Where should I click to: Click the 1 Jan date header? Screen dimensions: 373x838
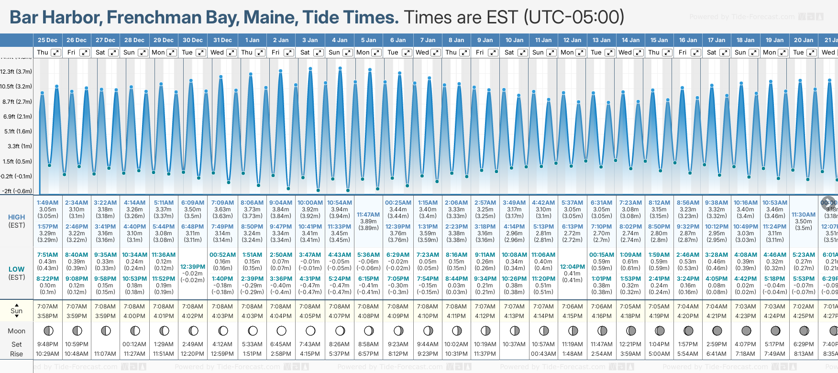(252, 40)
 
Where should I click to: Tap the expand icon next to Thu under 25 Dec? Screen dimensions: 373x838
(56, 53)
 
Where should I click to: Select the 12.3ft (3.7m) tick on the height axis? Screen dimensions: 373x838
(16, 72)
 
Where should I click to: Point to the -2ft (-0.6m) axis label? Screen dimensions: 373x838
(17, 191)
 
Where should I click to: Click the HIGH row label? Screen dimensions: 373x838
(16, 217)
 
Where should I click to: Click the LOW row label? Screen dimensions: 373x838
(16, 269)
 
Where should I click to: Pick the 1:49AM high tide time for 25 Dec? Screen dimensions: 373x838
(47, 203)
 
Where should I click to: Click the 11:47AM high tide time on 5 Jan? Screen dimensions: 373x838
(368, 215)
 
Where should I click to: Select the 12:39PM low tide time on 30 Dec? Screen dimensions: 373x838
(193, 267)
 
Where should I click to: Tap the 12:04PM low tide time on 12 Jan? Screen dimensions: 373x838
(572, 267)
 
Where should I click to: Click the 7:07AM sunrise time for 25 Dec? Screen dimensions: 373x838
(47, 307)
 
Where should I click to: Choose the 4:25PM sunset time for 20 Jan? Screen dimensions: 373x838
(803, 316)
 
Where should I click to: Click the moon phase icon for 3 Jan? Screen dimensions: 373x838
(310, 331)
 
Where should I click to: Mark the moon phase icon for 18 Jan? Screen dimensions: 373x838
(746, 331)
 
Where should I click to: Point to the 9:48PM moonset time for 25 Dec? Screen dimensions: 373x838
(47, 344)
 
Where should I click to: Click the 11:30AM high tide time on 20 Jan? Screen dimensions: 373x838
(803, 215)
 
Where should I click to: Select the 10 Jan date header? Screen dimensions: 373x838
(515, 40)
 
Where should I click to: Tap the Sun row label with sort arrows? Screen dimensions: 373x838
(16, 310)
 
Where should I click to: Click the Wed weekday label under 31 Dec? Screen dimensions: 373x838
(217, 53)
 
